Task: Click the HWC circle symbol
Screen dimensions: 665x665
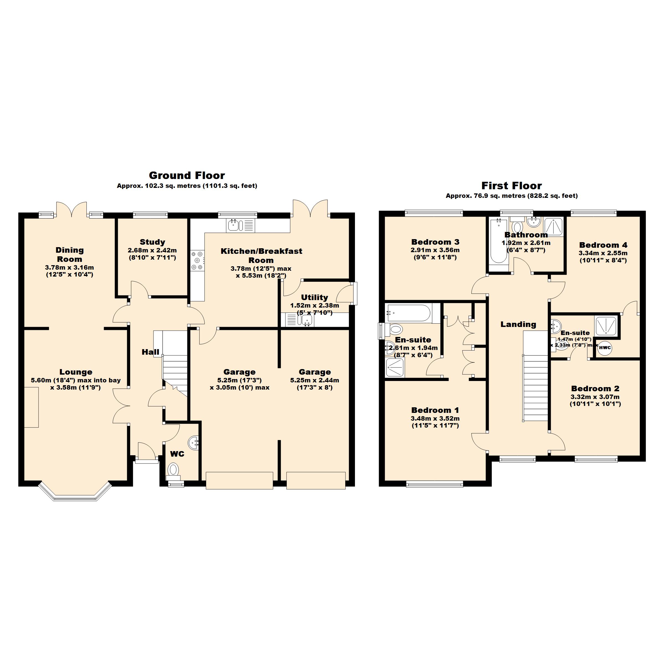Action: pyautogui.click(x=605, y=348)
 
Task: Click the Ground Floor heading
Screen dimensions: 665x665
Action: pyautogui.click(x=187, y=176)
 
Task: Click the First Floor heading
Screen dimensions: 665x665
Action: pyautogui.click(x=511, y=186)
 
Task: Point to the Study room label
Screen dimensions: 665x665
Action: pyautogui.click(x=152, y=242)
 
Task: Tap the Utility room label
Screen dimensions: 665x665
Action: pyautogui.click(x=314, y=297)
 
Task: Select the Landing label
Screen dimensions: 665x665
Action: pyautogui.click(x=518, y=324)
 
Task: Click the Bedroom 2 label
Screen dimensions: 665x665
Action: pyautogui.click(x=595, y=388)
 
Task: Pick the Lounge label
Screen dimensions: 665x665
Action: pyautogui.click(x=76, y=372)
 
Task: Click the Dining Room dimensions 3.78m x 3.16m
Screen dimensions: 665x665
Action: pyautogui.click(x=70, y=267)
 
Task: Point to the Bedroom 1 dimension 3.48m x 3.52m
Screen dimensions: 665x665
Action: pyautogui.click(x=435, y=419)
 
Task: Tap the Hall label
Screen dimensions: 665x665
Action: pyautogui.click(x=150, y=352)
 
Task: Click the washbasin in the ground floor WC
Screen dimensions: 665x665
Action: pyautogui.click(x=194, y=441)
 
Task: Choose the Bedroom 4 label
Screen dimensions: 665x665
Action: pyautogui.click(x=603, y=245)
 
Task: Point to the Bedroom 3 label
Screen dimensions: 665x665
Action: pyautogui.click(x=435, y=242)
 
